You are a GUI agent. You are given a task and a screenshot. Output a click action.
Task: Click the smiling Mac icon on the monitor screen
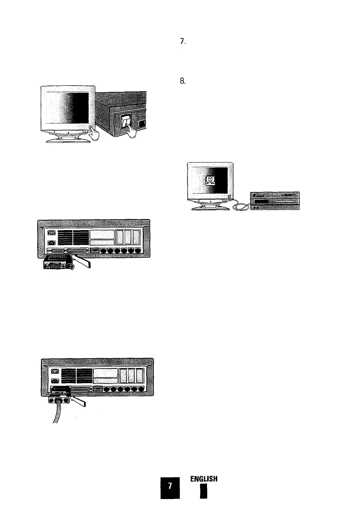(x=210, y=180)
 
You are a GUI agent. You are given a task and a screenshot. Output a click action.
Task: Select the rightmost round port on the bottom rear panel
(x=141, y=389)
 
